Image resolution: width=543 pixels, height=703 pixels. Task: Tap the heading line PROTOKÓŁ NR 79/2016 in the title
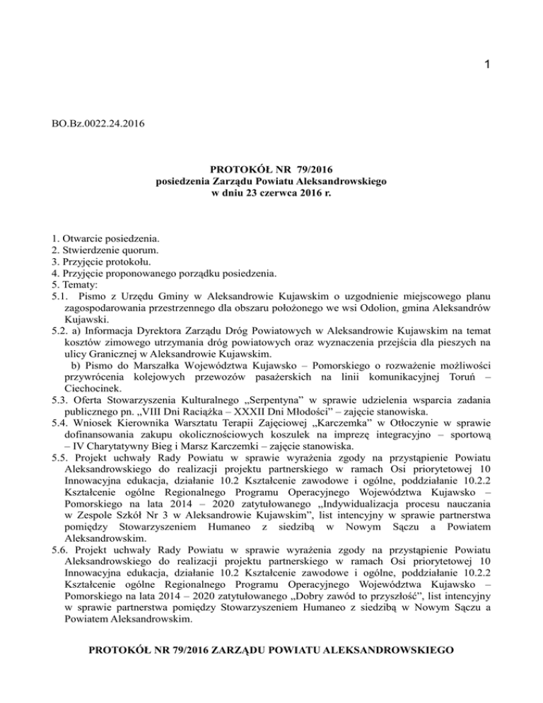pos(271,170)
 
